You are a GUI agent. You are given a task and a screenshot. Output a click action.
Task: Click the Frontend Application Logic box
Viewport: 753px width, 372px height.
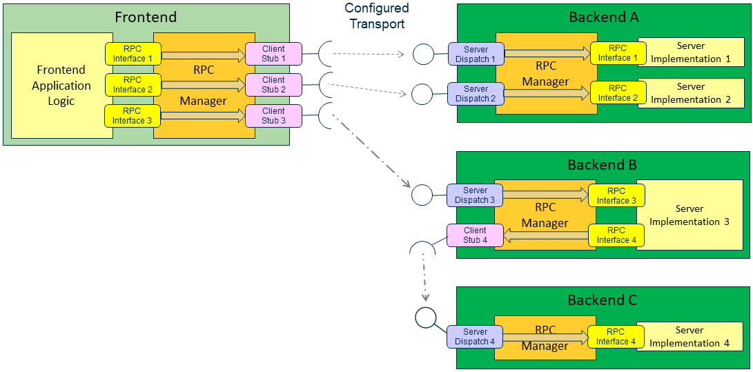[x=62, y=85]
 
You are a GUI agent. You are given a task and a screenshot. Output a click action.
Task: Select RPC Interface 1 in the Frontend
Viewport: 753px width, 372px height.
[x=133, y=54]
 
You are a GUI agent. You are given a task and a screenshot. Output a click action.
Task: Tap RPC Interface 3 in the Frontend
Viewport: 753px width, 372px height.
[x=133, y=115]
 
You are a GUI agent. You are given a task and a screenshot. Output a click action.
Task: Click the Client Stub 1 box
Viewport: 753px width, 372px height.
[x=273, y=54]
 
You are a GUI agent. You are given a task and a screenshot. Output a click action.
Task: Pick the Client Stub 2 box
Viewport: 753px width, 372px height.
[x=273, y=85]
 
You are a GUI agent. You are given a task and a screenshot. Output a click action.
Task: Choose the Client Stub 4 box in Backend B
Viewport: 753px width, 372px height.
[x=475, y=235]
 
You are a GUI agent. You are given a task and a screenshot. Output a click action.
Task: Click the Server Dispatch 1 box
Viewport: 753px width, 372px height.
[x=476, y=55]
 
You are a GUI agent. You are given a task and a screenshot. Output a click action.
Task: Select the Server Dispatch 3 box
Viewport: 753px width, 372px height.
[x=475, y=195]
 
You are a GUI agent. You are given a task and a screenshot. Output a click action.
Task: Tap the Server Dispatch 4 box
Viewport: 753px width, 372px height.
[x=475, y=336]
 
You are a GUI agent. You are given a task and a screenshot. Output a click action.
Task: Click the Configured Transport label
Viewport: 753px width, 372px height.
[x=377, y=16]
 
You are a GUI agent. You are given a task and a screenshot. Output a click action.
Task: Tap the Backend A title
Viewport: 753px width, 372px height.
[x=603, y=17]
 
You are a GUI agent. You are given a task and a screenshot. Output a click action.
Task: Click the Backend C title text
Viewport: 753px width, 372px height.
[x=602, y=300]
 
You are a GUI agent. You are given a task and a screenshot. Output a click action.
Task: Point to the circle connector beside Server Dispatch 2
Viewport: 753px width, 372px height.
[x=422, y=93]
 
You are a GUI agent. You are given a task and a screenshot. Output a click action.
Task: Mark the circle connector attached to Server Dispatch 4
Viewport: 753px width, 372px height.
[x=426, y=317]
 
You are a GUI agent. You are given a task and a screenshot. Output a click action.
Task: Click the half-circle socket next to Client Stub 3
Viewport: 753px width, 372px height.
[x=326, y=116]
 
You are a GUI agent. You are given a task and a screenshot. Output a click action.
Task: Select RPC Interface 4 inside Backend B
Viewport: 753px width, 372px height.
[x=616, y=235]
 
